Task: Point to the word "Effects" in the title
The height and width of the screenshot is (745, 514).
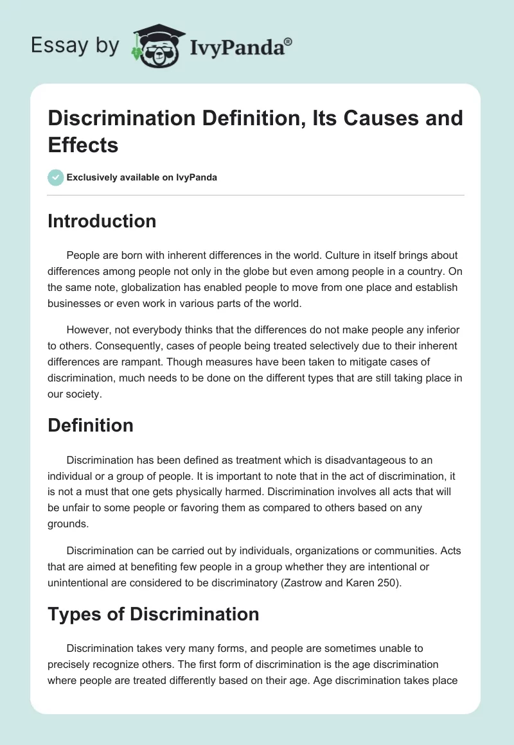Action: click(83, 145)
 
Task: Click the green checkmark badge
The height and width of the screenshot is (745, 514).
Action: click(56, 177)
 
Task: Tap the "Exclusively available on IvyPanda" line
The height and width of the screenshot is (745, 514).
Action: click(142, 177)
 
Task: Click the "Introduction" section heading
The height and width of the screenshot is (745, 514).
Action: click(102, 221)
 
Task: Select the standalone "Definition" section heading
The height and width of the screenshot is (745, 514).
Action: click(91, 425)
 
